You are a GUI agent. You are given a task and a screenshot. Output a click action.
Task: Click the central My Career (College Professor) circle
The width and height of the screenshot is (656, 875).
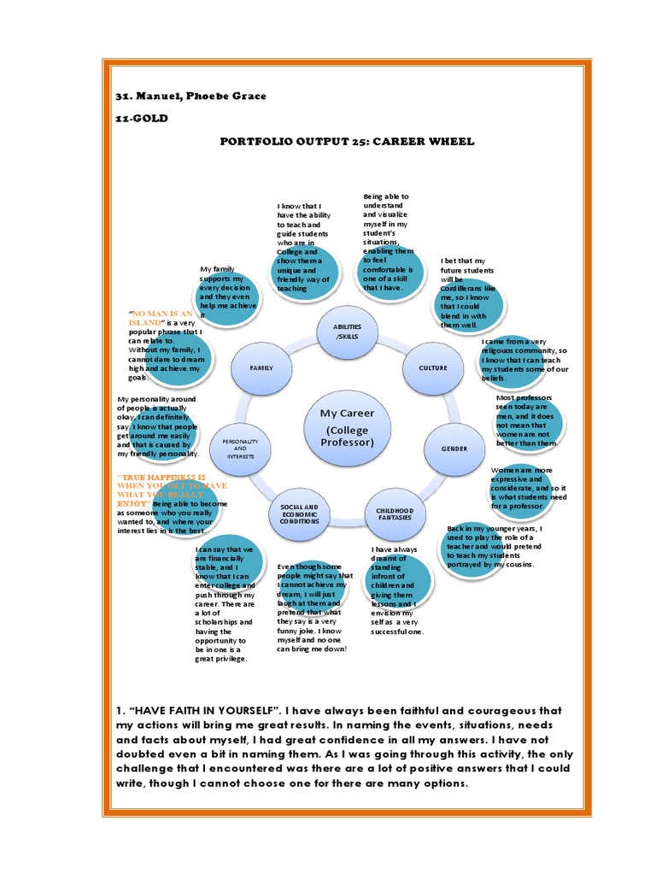[x=347, y=427]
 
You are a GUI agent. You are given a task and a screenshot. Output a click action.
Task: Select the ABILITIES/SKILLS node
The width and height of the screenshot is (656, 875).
[x=347, y=332]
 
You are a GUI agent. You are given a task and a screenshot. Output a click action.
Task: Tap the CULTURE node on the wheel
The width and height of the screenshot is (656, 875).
[x=433, y=367]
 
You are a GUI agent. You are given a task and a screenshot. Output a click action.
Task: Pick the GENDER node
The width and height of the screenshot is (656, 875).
[x=454, y=448]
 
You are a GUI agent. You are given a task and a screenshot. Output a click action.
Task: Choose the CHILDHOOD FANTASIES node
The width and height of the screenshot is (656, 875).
[x=394, y=513]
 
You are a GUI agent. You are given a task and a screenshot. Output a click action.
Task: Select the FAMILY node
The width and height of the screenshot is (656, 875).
[x=261, y=367]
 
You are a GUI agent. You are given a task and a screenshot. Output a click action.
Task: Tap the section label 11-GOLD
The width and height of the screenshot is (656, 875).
[x=143, y=118]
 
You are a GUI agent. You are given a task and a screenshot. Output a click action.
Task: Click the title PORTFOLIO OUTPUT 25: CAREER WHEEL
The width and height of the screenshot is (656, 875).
[x=347, y=141]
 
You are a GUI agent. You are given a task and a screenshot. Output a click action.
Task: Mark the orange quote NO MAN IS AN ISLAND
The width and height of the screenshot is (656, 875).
[x=161, y=318]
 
